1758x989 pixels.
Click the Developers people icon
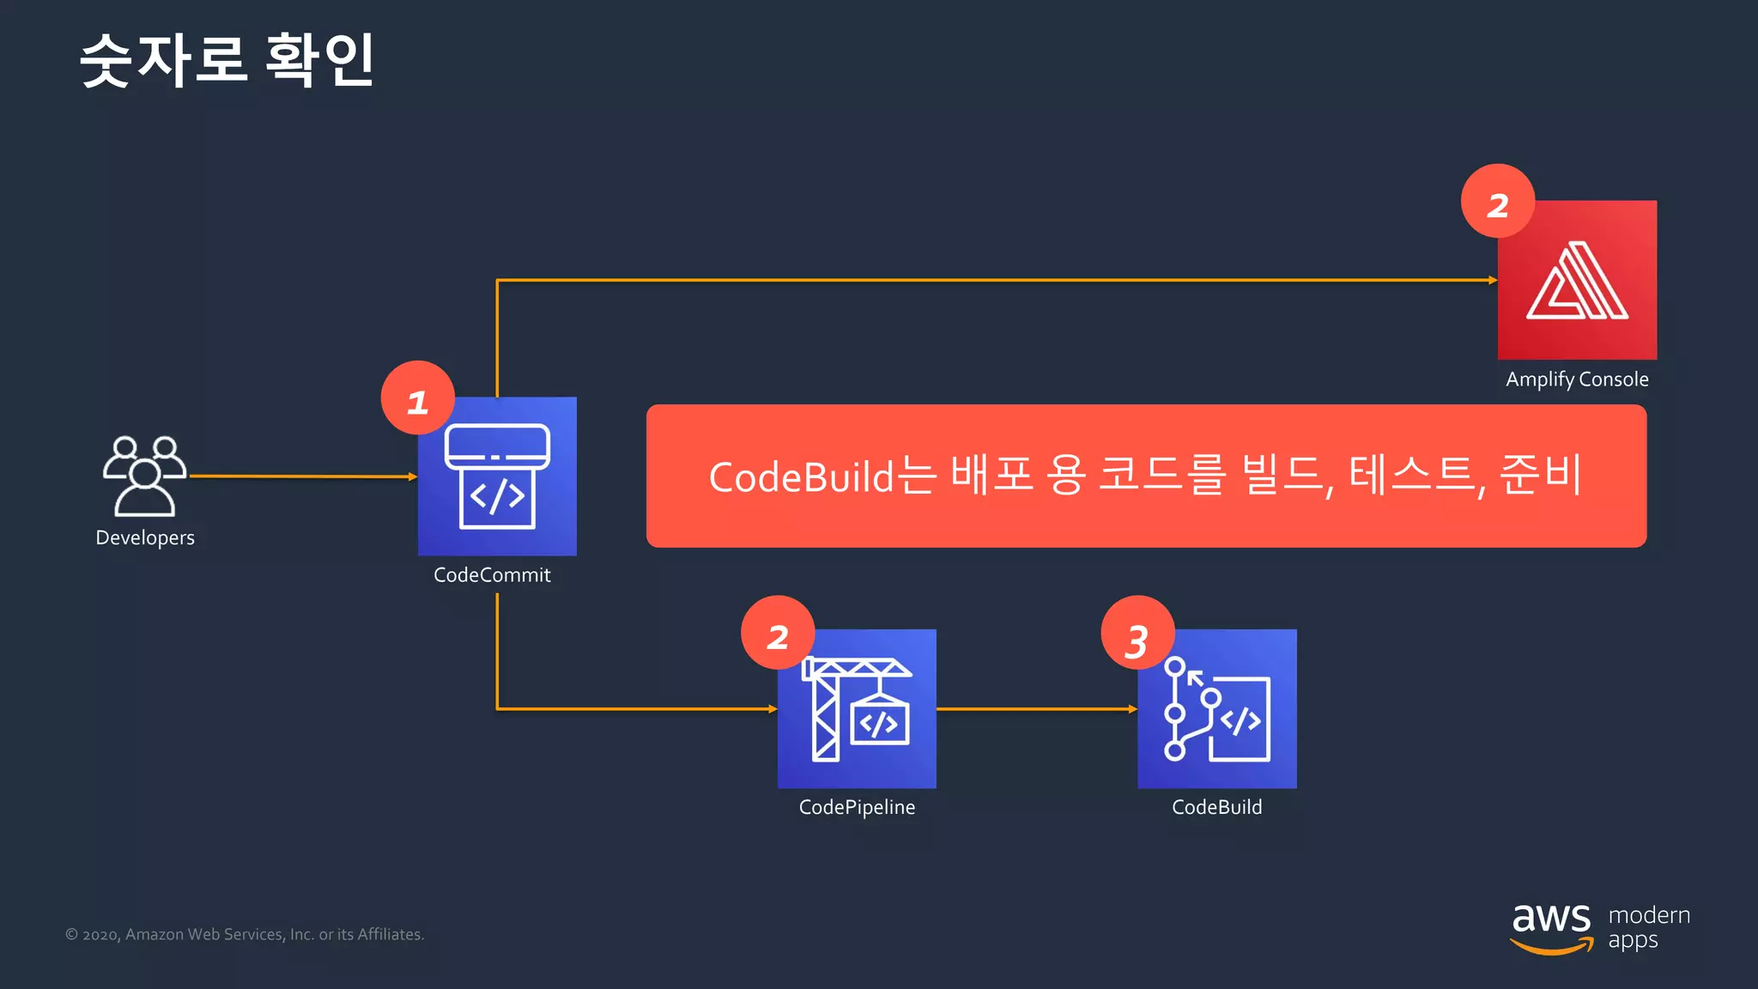click(x=144, y=476)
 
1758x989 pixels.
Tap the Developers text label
click(x=145, y=538)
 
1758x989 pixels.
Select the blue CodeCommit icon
click(x=497, y=477)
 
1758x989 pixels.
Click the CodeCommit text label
click(x=492, y=575)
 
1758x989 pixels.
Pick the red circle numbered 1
click(x=418, y=399)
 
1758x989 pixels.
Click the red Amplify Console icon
click(x=1577, y=281)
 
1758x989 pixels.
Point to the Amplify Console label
click(x=1577, y=379)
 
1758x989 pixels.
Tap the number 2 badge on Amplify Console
click(x=1498, y=203)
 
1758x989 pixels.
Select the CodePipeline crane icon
click(x=857, y=709)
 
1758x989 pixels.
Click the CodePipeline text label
click(x=857, y=808)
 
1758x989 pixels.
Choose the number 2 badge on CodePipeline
click(x=778, y=634)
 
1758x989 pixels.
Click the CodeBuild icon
click(x=1217, y=709)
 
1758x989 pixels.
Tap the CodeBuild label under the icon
click(x=1216, y=808)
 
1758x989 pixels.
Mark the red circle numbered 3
click(x=1137, y=634)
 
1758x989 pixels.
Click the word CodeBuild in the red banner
click(x=801, y=477)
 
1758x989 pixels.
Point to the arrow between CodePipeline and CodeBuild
click(x=1037, y=709)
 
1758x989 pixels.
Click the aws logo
click(x=1551, y=927)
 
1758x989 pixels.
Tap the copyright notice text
click(x=245, y=935)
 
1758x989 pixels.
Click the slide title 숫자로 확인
click(x=227, y=60)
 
